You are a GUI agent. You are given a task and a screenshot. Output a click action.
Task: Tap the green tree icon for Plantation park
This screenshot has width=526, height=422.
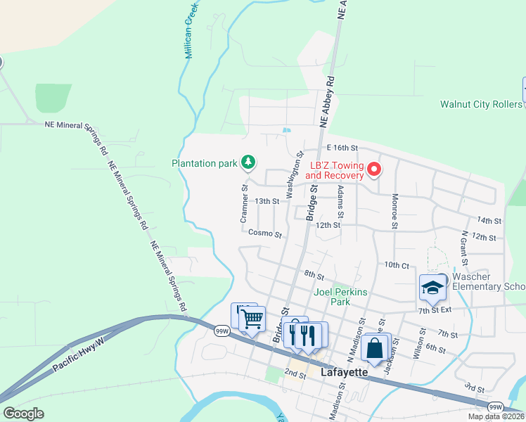point(248,163)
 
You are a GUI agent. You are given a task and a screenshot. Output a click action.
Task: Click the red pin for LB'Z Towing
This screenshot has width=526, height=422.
point(374,169)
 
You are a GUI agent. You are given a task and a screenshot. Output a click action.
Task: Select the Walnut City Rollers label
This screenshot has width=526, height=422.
point(481,104)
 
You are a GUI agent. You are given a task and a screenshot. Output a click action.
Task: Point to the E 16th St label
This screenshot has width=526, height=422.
point(343,148)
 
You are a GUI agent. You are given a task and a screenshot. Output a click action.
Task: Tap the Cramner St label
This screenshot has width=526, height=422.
point(245,204)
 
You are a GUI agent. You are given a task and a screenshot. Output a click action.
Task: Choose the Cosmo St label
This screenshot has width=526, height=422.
point(265,234)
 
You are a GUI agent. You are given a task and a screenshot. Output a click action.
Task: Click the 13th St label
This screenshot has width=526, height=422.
point(267,201)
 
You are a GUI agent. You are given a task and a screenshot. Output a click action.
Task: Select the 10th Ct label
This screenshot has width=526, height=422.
point(397,265)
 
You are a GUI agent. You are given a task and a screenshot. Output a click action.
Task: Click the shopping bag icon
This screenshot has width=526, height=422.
point(376,348)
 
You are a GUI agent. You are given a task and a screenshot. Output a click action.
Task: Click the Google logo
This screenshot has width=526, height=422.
point(24,413)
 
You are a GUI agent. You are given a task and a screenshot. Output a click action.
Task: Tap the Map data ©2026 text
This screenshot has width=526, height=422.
point(496,416)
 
